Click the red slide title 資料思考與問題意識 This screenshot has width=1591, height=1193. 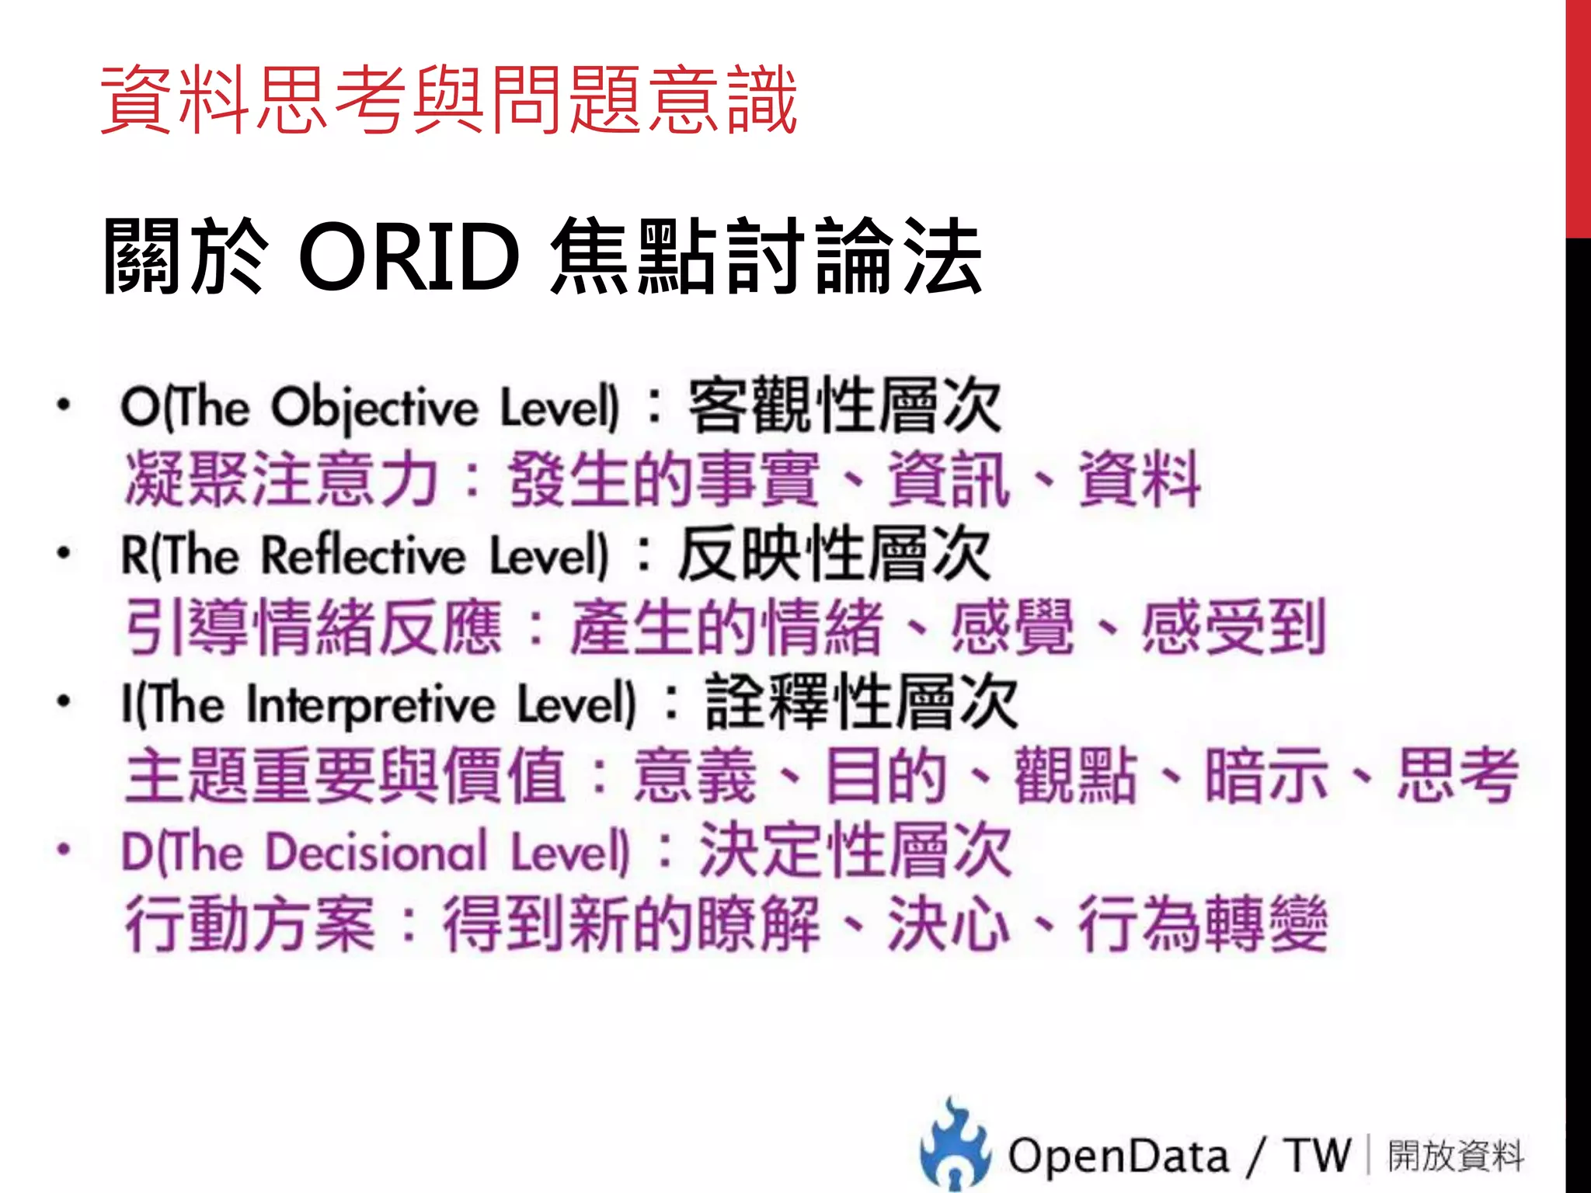449,99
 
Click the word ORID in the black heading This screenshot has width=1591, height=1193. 409,256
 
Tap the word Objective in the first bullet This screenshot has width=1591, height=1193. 374,408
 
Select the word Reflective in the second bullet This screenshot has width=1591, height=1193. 363,556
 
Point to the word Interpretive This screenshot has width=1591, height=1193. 371,704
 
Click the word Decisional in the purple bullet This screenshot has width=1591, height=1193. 376,852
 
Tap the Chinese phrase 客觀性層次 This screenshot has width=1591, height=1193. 844,405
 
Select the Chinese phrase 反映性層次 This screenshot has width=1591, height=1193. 834,554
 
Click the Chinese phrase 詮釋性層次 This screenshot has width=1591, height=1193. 862,702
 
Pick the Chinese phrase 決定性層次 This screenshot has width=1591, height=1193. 855,850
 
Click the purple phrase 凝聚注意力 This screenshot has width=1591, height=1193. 281,479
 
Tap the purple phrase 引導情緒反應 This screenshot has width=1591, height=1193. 314,628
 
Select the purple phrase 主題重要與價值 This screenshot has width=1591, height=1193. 345,775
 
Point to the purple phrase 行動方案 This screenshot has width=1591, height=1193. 250,923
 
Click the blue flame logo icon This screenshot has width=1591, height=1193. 955,1143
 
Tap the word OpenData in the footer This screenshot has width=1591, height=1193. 1119,1156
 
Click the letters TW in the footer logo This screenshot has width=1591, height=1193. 1318,1156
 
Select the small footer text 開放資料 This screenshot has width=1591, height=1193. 1456,1156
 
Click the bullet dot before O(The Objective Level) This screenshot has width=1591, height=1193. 64,404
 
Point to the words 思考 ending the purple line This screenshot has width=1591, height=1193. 1457,775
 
